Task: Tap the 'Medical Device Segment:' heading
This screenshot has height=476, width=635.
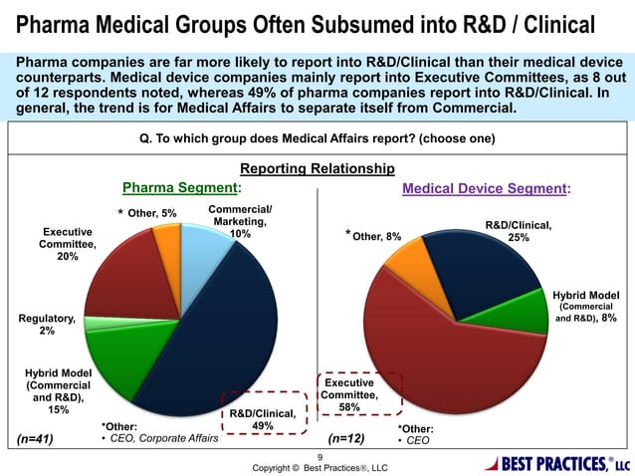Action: (486, 187)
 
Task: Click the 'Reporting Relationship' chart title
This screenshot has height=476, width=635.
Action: (317, 169)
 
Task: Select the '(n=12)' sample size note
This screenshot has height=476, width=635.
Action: (346, 438)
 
